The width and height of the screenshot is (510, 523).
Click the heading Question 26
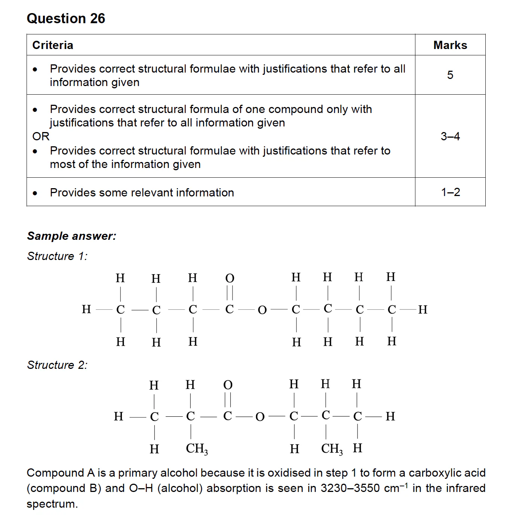pos(66,18)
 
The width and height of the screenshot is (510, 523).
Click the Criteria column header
pos(53,45)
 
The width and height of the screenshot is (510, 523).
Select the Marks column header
pos(450,45)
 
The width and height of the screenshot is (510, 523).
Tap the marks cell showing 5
pos(450,75)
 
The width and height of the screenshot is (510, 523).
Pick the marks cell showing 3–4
pos(450,136)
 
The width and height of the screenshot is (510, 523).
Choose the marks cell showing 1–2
pos(450,192)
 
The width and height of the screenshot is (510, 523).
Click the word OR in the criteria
pos(41,136)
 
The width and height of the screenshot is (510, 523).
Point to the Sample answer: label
pos(71,236)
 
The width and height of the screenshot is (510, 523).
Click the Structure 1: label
pos(57,256)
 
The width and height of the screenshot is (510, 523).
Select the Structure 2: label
pos(57,365)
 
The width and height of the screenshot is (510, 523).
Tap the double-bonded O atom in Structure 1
pos(230,278)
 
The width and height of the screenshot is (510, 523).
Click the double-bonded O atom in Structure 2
pos(228,385)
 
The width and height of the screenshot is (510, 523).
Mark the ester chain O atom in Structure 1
pos(262,310)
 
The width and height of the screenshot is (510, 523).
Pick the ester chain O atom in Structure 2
pos(260,417)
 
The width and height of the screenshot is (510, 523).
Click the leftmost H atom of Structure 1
pos(86,309)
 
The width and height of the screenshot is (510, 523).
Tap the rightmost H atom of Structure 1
pos(423,310)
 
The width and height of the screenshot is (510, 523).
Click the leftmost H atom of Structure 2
pos(119,416)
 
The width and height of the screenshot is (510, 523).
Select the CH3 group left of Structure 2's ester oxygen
pos(197,449)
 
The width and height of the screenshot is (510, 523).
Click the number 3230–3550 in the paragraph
pos(350,489)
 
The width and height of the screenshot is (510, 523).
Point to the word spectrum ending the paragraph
pos(52,504)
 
